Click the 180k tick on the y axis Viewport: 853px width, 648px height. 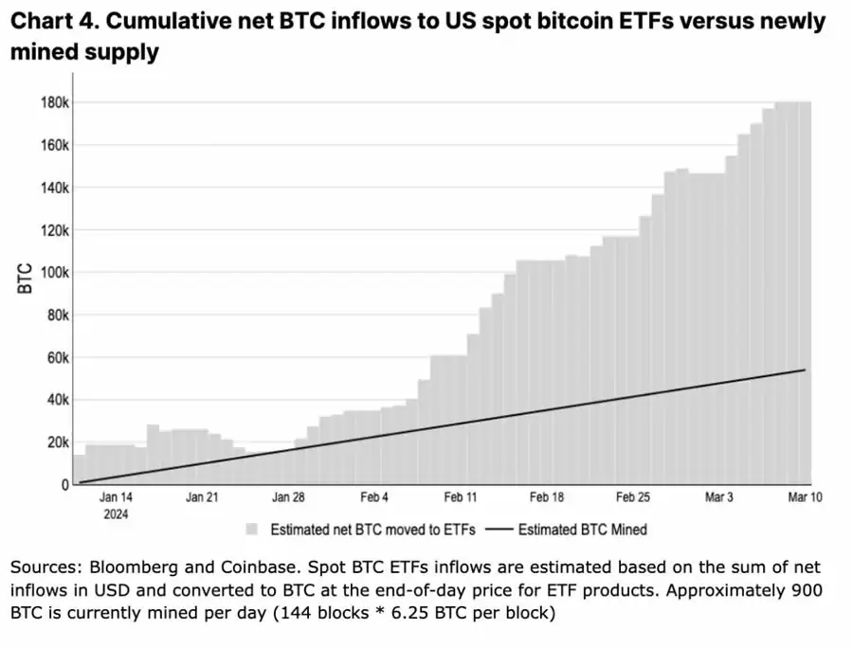(x=55, y=102)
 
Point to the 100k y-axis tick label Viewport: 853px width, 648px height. (x=55, y=272)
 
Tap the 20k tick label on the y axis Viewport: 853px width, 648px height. (x=57, y=442)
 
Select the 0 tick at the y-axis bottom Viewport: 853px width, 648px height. (x=64, y=485)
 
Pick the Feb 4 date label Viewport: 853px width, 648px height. (x=373, y=497)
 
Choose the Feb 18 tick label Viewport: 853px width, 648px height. (x=547, y=497)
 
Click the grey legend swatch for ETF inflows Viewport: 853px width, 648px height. (x=252, y=530)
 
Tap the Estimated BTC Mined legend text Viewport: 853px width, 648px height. (x=583, y=530)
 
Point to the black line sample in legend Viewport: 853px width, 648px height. (x=499, y=530)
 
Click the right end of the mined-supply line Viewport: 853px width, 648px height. (x=805, y=369)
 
